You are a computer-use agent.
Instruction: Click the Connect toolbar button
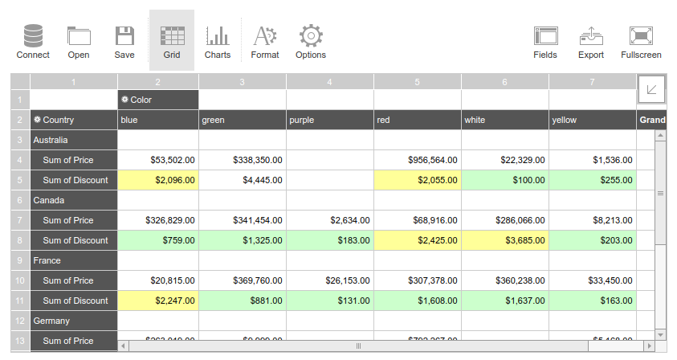33,41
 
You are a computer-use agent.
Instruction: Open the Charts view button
217,41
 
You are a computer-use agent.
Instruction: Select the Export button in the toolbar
591,41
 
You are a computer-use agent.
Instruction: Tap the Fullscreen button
641,41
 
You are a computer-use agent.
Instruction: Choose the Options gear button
311,41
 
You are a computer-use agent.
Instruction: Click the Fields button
545,41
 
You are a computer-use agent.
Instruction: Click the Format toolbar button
265,41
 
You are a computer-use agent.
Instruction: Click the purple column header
329,120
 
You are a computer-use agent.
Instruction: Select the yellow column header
593,120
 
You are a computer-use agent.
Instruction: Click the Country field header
74,120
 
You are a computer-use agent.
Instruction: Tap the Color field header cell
157,100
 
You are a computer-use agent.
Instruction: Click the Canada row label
74,200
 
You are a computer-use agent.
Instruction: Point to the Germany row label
74,321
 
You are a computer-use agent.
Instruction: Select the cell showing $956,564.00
417,160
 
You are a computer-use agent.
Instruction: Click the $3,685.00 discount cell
504,240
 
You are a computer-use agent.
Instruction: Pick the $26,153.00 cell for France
329,280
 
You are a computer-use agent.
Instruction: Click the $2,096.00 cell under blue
157,180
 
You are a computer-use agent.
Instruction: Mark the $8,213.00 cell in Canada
593,220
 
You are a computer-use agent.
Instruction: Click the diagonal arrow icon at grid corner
651,88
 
